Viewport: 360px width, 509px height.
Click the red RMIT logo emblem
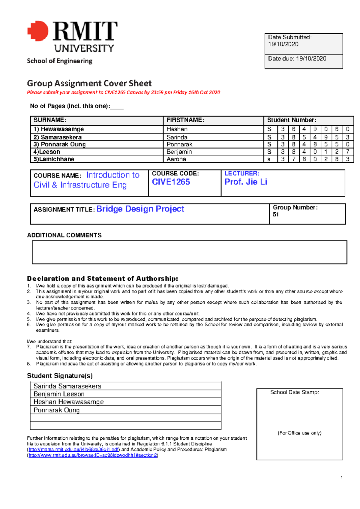[x=38, y=31]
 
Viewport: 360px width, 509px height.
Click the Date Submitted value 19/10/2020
[x=283, y=44]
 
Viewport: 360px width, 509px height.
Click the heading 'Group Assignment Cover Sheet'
[x=89, y=83]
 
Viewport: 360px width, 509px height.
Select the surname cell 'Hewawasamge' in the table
[x=62, y=129]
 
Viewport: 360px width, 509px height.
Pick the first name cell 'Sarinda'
[x=177, y=137]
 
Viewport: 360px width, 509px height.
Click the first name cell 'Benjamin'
[x=179, y=152]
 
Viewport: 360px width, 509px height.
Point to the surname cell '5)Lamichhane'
[x=54, y=159]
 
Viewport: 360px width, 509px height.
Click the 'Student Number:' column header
[x=292, y=120]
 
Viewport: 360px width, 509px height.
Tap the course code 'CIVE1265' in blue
[x=171, y=182]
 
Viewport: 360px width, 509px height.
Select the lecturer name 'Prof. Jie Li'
[x=246, y=182]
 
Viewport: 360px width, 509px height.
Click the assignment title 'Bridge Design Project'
[x=140, y=209]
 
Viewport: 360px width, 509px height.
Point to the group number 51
[x=276, y=215]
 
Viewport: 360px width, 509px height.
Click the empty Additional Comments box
[x=189, y=252]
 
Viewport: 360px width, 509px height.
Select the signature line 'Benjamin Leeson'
[x=59, y=394]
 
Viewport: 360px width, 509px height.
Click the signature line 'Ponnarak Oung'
[x=56, y=410]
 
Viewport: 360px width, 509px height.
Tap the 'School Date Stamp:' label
[x=294, y=392]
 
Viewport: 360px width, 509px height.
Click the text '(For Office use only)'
[x=299, y=433]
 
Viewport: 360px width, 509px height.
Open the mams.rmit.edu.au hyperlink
[x=74, y=450]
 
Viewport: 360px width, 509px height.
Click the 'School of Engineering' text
[x=59, y=61]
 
